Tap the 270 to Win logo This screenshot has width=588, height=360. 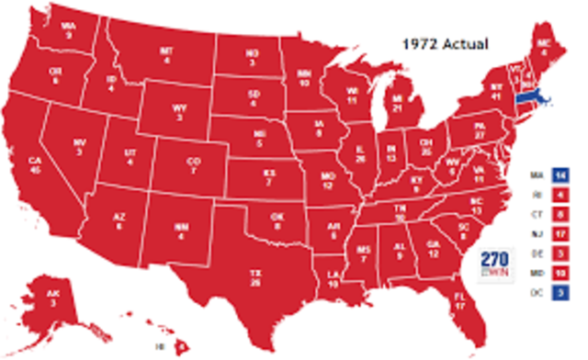pos(495,263)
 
